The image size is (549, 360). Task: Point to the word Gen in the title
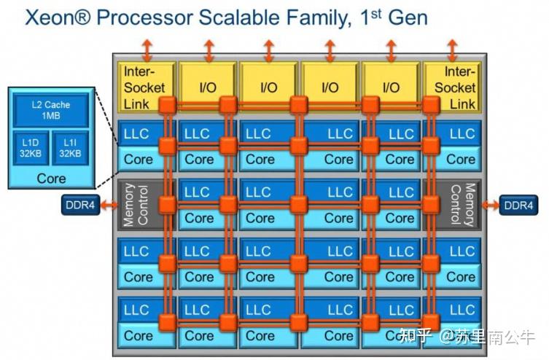click(x=408, y=17)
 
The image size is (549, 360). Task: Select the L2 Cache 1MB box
click(x=51, y=110)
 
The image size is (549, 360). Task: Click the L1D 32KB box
click(x=31, y=148)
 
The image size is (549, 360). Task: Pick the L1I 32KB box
click(x=70, y=148)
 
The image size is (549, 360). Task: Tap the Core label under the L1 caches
click(x=51, y=179)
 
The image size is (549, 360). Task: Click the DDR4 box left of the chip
click(x=80, y=205)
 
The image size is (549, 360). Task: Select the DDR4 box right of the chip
click(x=518, y=205)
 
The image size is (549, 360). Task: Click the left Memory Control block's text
click(x=136, y=205)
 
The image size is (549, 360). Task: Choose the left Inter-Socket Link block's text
click(x=144, y=87)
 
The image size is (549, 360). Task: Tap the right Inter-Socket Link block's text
click(x=455, y=87)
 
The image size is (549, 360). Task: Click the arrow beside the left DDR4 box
click(x=109, y=205)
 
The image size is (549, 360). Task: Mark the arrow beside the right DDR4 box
click(x=490, y=205)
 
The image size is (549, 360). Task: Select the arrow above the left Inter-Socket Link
click(x=147, y=51)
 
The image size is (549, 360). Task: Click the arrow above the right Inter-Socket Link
click(x=452, y=51)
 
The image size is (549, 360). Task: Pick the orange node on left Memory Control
click(x=168, y=205)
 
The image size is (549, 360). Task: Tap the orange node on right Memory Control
click(x=431, y=205)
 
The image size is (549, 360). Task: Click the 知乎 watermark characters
click(x=416, y=336)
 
